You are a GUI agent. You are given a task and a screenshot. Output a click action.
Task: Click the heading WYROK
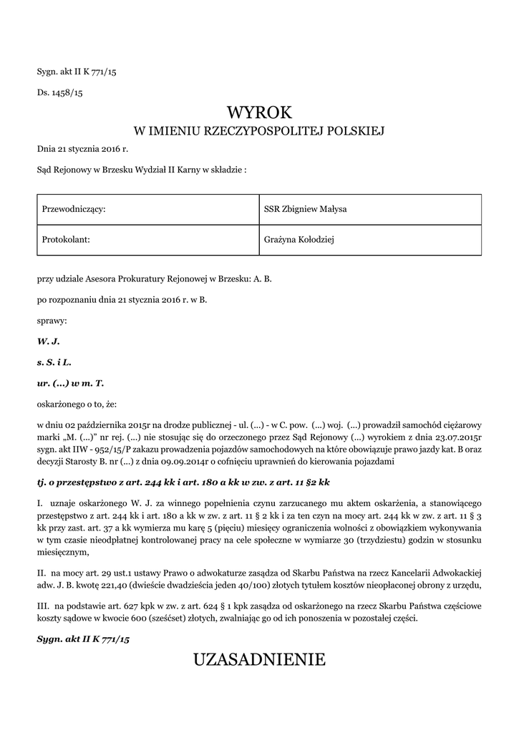point(259,112)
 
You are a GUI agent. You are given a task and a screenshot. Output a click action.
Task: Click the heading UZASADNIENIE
point(259,659)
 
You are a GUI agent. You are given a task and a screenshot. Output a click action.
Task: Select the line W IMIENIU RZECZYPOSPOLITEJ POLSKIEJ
point(259,132)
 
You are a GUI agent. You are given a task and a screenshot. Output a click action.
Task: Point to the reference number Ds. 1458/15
point(60,93)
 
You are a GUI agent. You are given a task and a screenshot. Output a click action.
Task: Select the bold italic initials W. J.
point(47,342)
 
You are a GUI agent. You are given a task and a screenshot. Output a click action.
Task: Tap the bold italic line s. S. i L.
point(54,362)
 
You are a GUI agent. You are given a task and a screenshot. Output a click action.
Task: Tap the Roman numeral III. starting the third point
point(43,606)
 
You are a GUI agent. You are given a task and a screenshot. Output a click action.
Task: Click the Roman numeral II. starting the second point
point(42,573)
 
